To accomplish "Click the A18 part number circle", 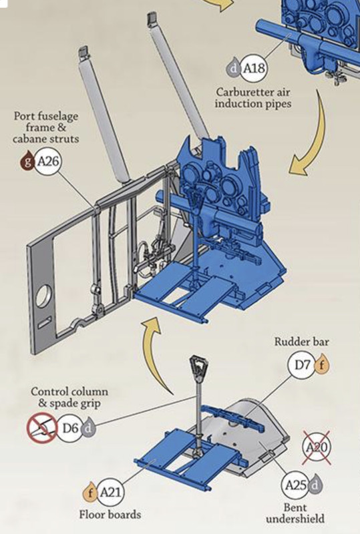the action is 253,69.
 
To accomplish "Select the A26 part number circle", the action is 48,161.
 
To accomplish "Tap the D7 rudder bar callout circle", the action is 301,365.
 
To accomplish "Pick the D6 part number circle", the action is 70,428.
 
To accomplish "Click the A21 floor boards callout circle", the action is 110,493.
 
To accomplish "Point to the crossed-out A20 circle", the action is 317,447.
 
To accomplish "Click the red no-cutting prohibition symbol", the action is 41,428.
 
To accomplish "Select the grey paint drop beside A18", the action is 234,68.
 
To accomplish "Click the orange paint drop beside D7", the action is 321,365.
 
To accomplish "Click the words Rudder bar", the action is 302,341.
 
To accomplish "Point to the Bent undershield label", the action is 295,513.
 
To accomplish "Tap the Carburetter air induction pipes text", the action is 253,97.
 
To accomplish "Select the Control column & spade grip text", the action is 69,397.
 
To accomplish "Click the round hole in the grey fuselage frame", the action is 44,296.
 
